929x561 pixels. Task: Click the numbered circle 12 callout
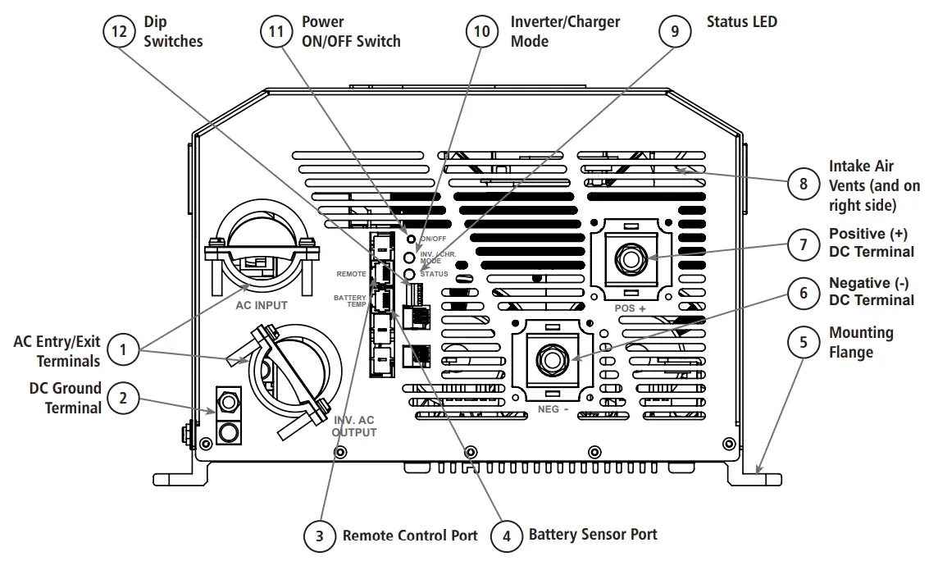(120, 31)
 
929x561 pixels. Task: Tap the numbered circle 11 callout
(277, 31)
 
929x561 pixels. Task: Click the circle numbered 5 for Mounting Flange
(803, 342)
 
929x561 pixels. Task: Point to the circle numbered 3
(320, 537)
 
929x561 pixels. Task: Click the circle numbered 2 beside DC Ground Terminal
(123, 399)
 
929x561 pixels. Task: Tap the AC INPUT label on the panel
(262, 306)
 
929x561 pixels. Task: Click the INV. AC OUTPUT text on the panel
(354, 426)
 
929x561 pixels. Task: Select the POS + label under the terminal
(630, 308)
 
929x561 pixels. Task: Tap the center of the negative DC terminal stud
(547, 359)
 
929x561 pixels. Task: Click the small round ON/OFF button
(412, 239)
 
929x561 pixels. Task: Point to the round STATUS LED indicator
(412, 273)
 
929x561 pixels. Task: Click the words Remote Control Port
(409, 536)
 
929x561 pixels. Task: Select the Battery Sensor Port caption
(593, 535)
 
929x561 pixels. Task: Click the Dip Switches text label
(173, 31)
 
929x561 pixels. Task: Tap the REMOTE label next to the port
(351, 274)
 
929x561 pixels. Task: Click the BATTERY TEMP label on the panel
(350, 300)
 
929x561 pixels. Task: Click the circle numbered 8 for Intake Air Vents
(803, 184)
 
